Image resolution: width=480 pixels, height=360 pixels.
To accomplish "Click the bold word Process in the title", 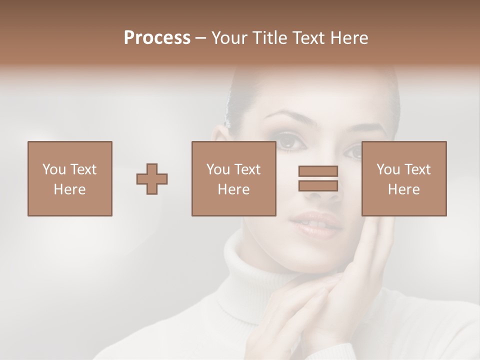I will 157,38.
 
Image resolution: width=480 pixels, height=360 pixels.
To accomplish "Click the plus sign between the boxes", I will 152,179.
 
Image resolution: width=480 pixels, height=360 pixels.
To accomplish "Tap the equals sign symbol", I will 318,178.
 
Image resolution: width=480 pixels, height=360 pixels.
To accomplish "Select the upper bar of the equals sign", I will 318,171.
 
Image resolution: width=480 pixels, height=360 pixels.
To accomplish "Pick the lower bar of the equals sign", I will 318,186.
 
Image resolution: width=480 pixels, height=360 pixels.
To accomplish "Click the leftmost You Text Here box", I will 69,178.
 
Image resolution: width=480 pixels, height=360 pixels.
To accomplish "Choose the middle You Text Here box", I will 233,178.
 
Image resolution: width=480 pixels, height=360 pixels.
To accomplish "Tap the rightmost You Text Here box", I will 403,178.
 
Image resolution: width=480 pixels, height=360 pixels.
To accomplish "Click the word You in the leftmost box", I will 54,169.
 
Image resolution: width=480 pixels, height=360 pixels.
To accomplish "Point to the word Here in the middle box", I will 233,189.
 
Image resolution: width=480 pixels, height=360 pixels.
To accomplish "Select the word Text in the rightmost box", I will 417,169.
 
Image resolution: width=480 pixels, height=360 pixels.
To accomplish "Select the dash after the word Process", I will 201,38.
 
